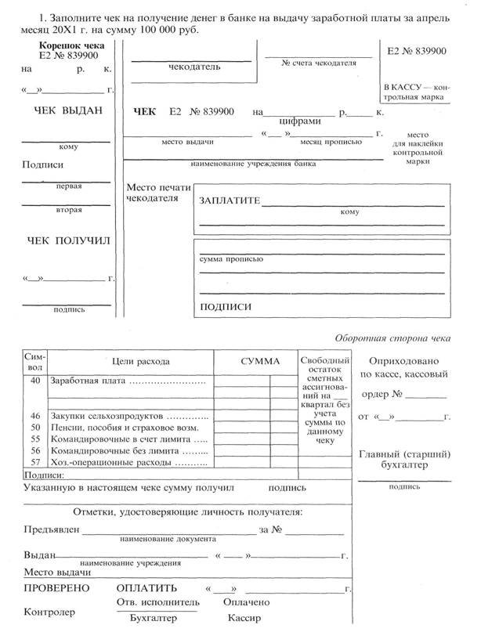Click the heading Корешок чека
(70, 46)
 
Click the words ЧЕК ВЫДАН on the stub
(69, 111)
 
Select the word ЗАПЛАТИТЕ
(230, 200)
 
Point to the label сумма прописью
(231, 258)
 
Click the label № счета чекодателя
(318, 62)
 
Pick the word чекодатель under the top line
(191, 68)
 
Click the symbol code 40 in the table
(34, 380)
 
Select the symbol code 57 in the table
(34, 463)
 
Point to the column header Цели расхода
(140, 361)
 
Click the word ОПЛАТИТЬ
(146, 587)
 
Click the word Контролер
(51, 612)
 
